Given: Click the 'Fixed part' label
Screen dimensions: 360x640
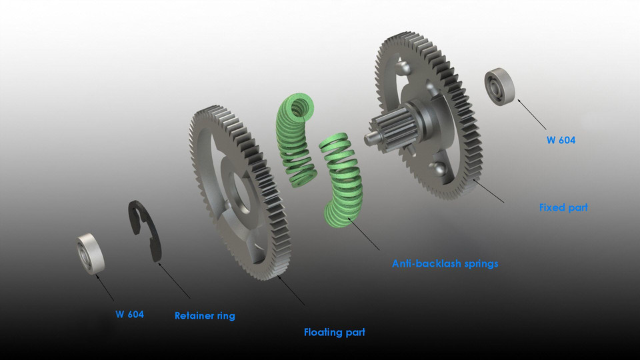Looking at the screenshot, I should [x=563, y=207].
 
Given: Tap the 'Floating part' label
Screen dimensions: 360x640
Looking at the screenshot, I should [x=334, y=332].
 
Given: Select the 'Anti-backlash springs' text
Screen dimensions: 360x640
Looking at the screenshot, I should [x=445, y=263].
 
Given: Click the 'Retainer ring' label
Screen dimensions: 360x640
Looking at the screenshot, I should [x=205, y=315].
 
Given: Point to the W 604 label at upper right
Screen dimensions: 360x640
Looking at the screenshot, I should [x=561, y=140].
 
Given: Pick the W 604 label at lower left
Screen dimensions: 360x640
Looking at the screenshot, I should [x=129, y=314].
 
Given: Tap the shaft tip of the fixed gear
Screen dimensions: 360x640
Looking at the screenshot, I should [x=369, y=138].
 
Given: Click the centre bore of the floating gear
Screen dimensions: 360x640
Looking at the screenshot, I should [x=238, y=194].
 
